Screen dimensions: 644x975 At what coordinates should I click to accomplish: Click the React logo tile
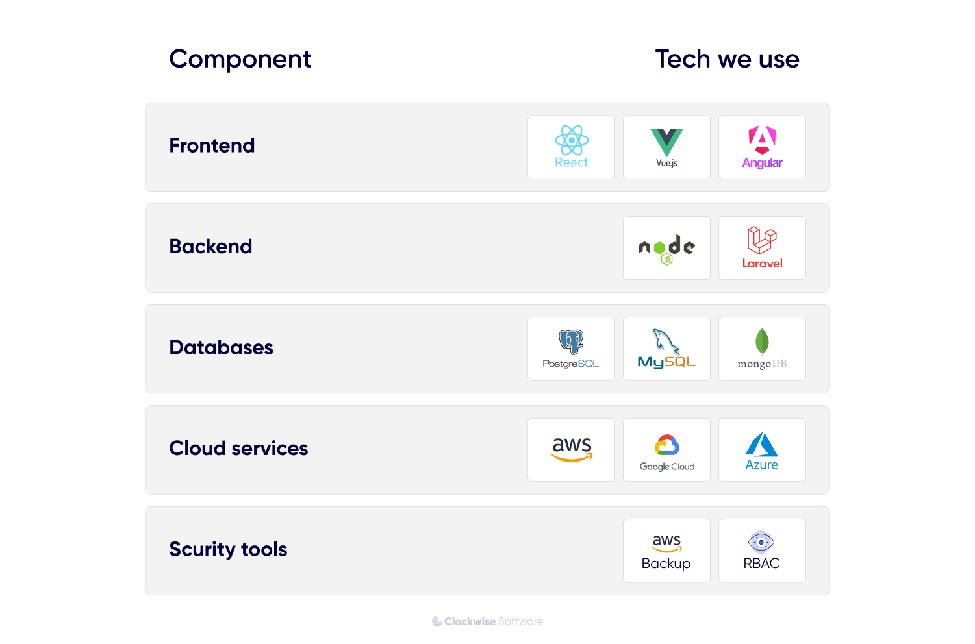(x=571, y=147)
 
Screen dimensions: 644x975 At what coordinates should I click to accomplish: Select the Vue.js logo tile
(x=666, y=147)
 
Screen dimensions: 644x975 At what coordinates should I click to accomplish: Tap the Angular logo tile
(x=762, y=147)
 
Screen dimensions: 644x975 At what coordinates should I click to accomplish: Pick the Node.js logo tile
(x=666, y=248)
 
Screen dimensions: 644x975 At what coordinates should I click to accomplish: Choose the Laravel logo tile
(x=762, y=248)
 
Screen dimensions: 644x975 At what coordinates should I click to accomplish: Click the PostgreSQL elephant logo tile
(x=571, y=349)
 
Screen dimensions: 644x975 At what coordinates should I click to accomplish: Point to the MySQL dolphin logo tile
(x=666, y=349)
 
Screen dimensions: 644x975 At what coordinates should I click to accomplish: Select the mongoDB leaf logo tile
(x=762, y=349)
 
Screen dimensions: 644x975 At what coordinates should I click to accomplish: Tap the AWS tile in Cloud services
(x=571, y=450)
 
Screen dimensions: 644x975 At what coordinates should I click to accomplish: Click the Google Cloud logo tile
(x=666, y=450)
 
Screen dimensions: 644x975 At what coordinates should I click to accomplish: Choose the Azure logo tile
(x=762, y=450)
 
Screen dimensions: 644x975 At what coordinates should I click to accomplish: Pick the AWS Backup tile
(x=666, y=551)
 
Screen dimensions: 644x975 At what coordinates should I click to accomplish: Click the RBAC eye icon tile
(x=762, y=551)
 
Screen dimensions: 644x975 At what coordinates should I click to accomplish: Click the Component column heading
(x=240, y=59)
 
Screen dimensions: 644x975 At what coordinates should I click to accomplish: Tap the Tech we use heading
(x=727, y=59)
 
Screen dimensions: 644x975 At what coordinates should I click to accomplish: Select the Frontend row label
(x=212, y=145)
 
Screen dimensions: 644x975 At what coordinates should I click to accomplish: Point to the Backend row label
(x=210, y=247)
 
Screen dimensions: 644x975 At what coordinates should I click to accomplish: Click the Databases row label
(x=221, y=347)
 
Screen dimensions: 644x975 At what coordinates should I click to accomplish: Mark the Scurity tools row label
(x=228, y=549)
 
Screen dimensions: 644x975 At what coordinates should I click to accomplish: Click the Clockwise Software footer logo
(x=487, y=621)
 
